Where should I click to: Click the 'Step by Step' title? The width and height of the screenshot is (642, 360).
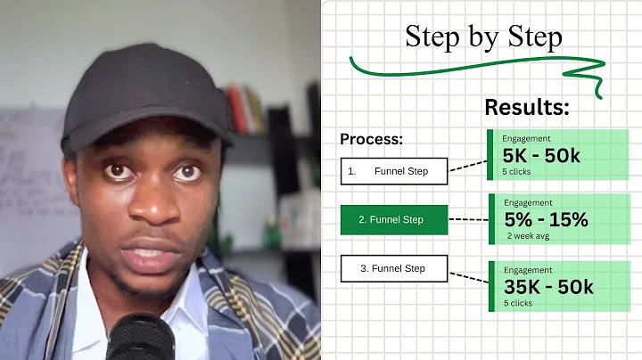(483, 37)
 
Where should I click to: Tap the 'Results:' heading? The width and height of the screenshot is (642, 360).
(526, 108)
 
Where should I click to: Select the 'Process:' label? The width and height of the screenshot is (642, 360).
(371, 140)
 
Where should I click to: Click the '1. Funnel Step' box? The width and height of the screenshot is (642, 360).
(394, 171)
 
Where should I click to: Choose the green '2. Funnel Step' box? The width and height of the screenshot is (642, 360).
(394, 219)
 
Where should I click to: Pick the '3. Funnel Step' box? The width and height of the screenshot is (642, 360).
(394, 268)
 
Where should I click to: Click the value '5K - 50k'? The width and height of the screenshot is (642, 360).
(541, 156)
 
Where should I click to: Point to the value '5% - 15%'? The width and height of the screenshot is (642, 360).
(545, 219)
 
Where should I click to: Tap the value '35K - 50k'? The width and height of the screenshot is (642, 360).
(547, 286)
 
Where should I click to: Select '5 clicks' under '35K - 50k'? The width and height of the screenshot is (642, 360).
(518, 302)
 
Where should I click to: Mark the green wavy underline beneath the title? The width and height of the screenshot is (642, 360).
(473, 70)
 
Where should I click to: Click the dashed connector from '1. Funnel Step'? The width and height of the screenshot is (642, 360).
(467, 166)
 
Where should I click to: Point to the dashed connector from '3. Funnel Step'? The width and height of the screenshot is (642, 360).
(467, 277)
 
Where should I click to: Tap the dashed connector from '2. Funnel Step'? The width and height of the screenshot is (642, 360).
(467, 219)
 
